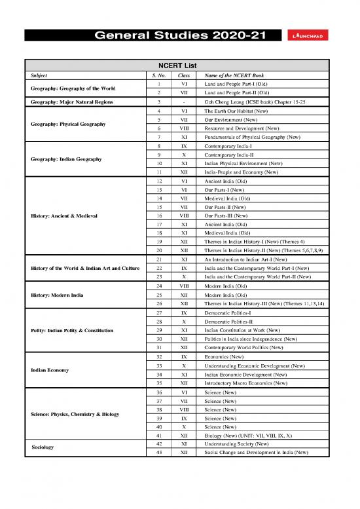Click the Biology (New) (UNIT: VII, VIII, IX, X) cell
point(250,434)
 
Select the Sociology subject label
point(43,447)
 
